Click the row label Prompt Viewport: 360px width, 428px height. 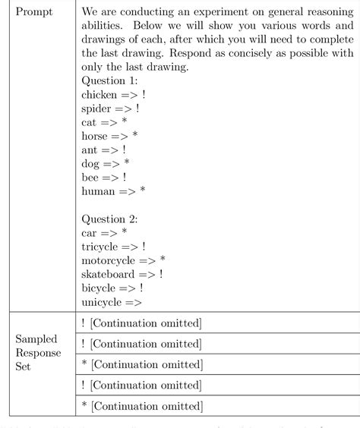click(x=33, y=14)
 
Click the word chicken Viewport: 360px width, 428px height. click(x=99, y=95)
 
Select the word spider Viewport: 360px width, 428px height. click(x=97, y=109)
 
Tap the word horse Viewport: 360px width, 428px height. click(x=96, y=136)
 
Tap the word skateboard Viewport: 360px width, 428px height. click(x=109, y=273)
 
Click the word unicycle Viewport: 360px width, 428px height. click(x=101, y=301)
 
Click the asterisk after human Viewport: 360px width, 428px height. click(x=143, y=190)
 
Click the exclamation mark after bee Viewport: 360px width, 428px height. click(x=124, y=177)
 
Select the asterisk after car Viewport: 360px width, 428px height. click(x=125, y=233)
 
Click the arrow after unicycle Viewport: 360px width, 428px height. click(x=134, y=302)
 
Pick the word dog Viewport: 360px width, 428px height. click(x=91, y=163)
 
